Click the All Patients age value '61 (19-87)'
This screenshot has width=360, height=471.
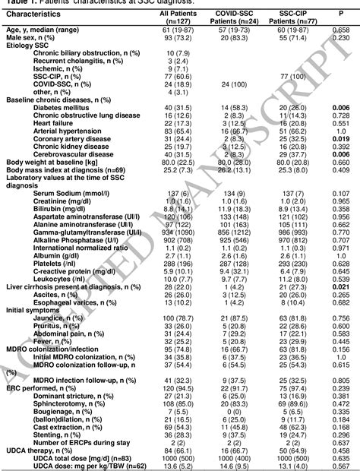[177, 29]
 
